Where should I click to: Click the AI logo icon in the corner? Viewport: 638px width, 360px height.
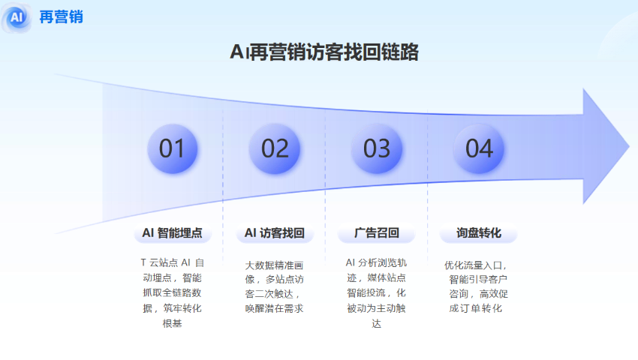pyautogui.click(x=17, y=16)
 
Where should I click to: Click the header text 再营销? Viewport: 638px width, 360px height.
pyautogui.click(x=61, y=16)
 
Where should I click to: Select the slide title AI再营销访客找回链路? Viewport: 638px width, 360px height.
pyautogui.click(x=324, y=52)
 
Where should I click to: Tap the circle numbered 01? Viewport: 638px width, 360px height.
pyautogui.click(x=172, y=148)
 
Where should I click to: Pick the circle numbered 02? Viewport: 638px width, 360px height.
pyautogui.click(x=275, y=148)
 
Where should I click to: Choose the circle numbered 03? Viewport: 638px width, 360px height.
pyautogui.click(x=377, y=148)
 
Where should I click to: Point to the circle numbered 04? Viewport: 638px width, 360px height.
pyautogui.click(x=479, y=148)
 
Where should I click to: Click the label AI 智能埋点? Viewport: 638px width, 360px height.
pyautogui.click(x=172, y=233)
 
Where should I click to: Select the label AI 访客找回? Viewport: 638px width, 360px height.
pyautogui.click(x=275, y=233)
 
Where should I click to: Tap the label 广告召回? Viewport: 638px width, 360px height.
pyautogui.click(x=377, y=233)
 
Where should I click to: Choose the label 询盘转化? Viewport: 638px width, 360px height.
pyautogui.click(x=479, y=233)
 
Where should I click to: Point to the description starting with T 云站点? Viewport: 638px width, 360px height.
pyautogui.click(x=172, y=292)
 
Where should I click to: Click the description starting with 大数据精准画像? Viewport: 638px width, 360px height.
pyautogui.click(x=275, y=286)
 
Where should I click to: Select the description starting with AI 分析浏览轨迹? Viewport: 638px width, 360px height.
pyautogui.click(x=377, y=292)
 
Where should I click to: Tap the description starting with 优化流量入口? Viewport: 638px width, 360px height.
pyautogui.click(x=477, y=286)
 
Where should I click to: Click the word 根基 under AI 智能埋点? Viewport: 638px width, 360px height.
pyautogui.click(x=172, y=323)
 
